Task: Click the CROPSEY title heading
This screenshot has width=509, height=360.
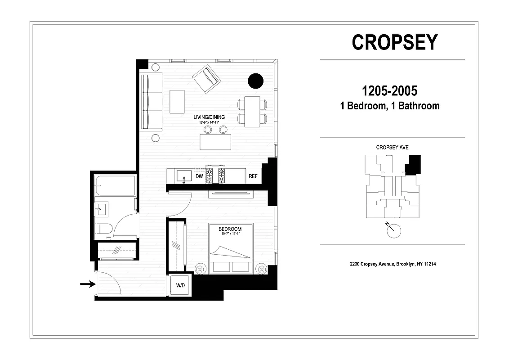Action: pyautogui.click(x=394, y=42)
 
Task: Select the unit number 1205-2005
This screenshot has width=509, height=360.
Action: pyautogui.click(x=390, y=91)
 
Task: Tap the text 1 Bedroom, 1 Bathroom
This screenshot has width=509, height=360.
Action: pyautogui.click(x=390, y=106)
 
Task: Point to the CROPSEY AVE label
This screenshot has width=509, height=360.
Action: pyautogui.click(x=392, y=148)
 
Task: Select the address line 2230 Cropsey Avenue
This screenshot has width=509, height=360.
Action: pyautogui.click(x=393, y=264)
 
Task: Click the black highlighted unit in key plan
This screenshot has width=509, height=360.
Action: pyautogui.click(x=413, y=165)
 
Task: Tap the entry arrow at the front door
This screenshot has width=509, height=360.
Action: pyautogui.click(x=88, y=283)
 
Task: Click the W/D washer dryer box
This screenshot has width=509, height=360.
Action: pyautogui.click(x=180, y=285)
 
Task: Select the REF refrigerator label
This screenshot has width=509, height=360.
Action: pyautogui.click(x=253, y=176)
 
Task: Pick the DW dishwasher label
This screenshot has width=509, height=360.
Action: pyautogui.click(x=199, y=176)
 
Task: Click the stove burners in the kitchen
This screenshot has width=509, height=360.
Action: pyautogui.click(x=215, y=175)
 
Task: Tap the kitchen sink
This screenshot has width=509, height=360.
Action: pyautogui.click(x=184, y=175)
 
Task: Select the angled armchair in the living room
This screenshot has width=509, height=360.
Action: pyautogui.click(x=206, y=78)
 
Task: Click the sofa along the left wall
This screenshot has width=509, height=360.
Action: pyautogui.click(x=152, y=101)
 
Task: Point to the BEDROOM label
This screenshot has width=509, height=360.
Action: pyautogui.click(x=230, y=229)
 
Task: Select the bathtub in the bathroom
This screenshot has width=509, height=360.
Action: pyautogui.click(x=115, y=186)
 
